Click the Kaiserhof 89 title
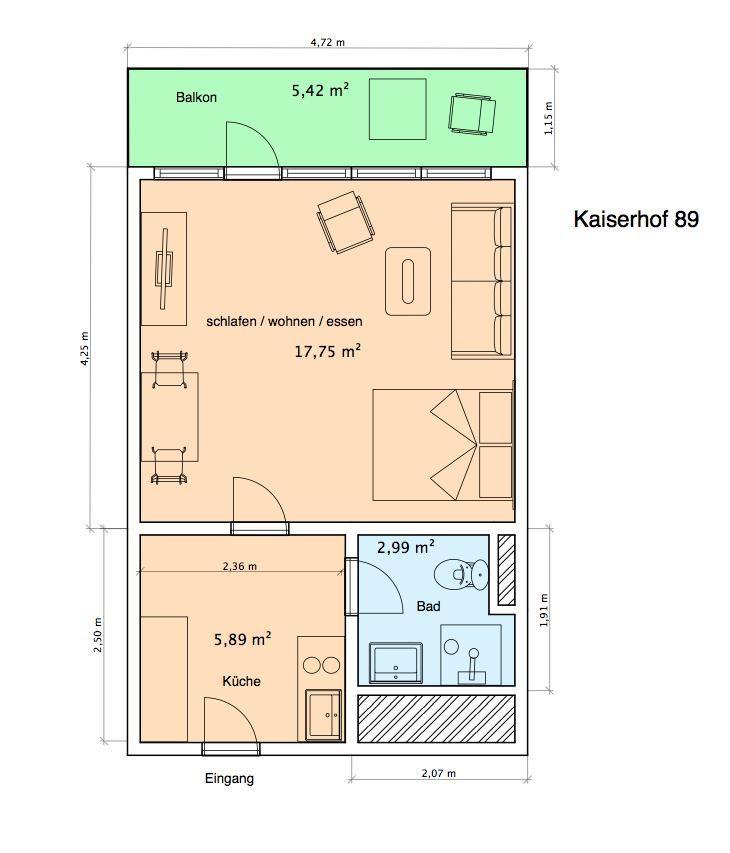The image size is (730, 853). coord(636,219)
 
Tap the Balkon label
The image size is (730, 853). coord(196,97)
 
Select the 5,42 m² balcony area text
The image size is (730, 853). coord(320,90)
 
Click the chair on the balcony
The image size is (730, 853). coord(472,114)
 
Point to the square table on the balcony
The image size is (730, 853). coord(398,109)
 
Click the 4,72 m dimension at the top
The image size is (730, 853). coord(327,42)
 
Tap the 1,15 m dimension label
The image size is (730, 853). coord(548,119)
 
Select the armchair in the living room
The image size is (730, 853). coord(346,222)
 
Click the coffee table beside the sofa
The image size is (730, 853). coord(408,281)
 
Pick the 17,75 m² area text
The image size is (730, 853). coord(327,351)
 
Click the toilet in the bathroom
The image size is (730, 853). coord(461,574)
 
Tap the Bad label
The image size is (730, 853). coord(428,606)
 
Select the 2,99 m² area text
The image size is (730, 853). coord(405,547)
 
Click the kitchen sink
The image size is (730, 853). coord(324,715)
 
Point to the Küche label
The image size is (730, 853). coord(241,681)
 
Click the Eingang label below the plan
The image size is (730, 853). coord(229,778)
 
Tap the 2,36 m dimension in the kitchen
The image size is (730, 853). coord(239,566)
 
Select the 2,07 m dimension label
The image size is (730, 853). coord(438,773)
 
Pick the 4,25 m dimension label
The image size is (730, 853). coord(85,348)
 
